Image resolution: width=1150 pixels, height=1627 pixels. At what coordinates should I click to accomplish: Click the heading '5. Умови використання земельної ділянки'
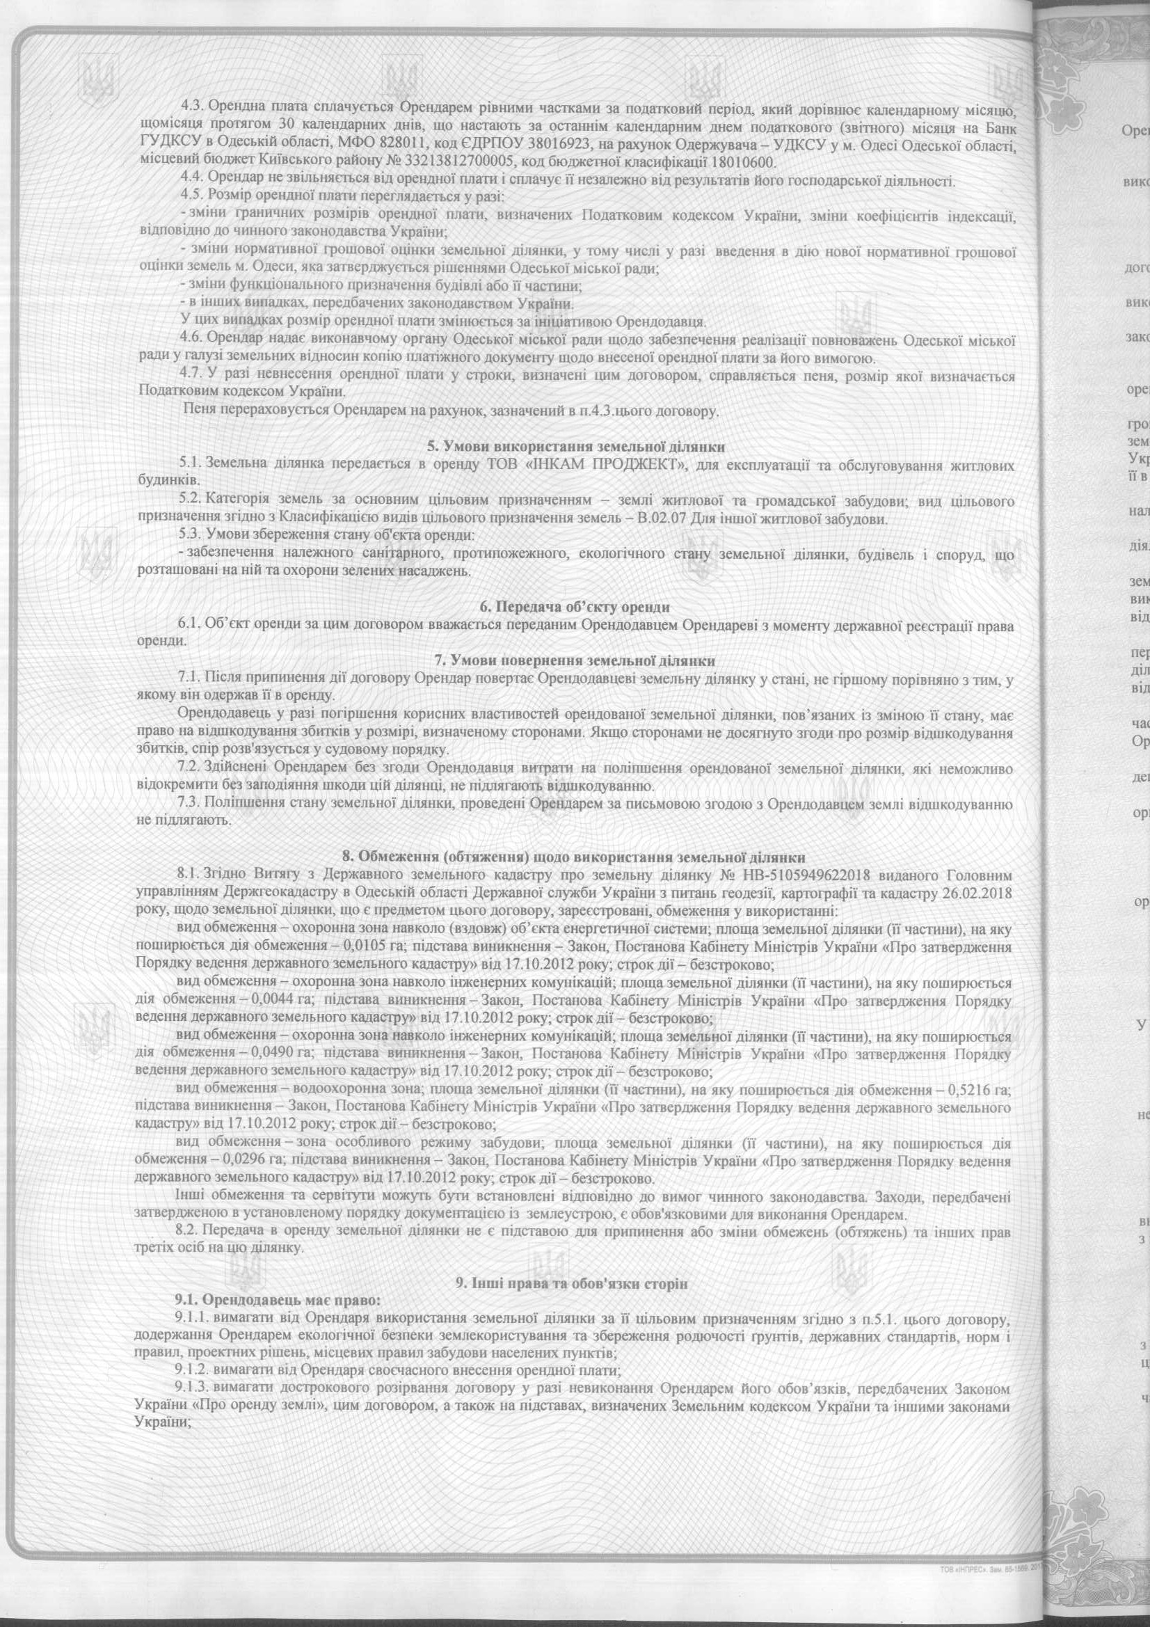[575, 447]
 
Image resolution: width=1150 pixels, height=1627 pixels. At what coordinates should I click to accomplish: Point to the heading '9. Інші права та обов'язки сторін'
[575, 1264]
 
